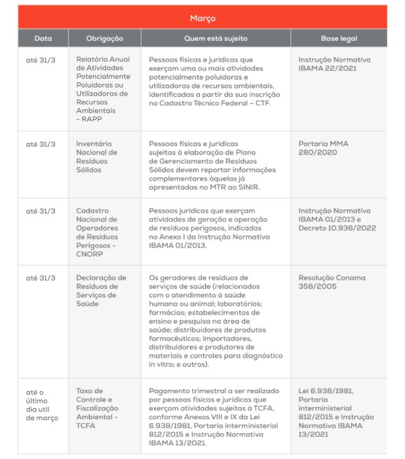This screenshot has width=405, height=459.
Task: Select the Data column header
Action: pos(43,39)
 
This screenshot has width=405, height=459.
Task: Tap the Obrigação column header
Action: pos(104,39)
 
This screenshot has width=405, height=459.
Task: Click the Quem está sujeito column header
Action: pos(216,39)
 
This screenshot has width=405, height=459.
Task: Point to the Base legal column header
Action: pos(339,39)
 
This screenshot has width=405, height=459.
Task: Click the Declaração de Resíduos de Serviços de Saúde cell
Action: pos(101,291)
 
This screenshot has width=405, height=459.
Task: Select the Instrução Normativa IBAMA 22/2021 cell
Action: pos(334,63)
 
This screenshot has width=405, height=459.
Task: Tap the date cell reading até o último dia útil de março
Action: pos(42,405)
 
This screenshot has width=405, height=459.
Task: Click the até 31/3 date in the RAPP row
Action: pos(40,60)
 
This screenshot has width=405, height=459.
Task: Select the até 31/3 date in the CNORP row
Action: pos(40,211)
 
